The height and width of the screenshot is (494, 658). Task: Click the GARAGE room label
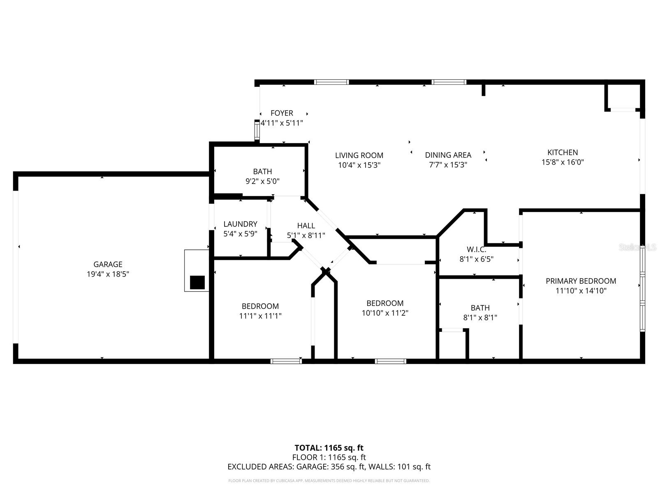tap(108, 264)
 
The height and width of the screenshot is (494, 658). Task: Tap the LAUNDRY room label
tap(240, 224)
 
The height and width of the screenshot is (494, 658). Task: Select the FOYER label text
tap(282, 113)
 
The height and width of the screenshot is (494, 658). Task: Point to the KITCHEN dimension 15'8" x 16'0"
tap(563, 162)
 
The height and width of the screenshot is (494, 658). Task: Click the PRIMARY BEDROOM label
tap(581, 281)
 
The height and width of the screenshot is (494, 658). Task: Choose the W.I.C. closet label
tap(476, 249)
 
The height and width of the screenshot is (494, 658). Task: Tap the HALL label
tap(306, 226)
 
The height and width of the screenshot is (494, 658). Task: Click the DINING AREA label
tap(448, 155)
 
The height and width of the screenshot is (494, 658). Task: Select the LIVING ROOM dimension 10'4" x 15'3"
tap(359, 165)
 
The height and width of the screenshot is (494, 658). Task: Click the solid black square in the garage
tap(197, 282)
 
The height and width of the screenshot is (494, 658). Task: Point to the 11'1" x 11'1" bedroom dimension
tap(260, 316)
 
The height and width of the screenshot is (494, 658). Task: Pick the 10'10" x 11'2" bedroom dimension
tap(385, 313)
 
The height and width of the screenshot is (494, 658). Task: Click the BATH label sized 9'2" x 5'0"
tap(262, 171)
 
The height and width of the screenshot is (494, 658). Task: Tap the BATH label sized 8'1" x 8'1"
tap(480, 308)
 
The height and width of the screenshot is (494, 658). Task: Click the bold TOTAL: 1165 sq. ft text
tap(329, 448)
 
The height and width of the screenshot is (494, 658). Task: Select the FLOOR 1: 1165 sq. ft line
tap(329, 457)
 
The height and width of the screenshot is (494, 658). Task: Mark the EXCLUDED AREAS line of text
tap(329, 467)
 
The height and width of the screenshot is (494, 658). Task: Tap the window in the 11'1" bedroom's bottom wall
tap(286, 361)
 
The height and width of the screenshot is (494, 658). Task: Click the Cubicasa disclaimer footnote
tap(329, 481)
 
